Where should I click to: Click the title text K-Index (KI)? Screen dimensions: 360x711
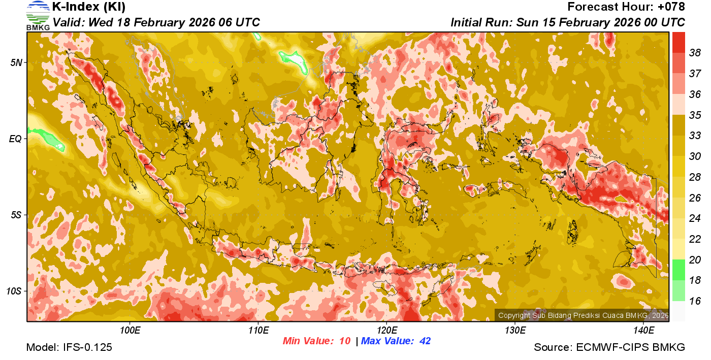click(89, 7)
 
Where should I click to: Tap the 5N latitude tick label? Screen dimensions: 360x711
click(16, 62)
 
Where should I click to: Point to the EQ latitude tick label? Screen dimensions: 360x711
click(16, 139)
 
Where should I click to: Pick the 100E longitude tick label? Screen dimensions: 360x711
click(130, 331)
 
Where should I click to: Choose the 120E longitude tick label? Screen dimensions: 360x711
click(386, 331)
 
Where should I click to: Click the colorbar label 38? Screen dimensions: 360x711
click(694, 52)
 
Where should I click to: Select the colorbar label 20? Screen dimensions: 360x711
click(694, 260)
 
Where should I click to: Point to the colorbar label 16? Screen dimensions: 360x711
click(694, 301)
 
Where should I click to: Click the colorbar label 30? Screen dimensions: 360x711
click(694, 157)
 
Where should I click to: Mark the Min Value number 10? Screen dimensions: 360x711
click(345, 341)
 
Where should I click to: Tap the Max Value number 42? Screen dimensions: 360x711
click(425, 341)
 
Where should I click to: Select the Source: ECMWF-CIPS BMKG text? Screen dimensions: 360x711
click(609, 347)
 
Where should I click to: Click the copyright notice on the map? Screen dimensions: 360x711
click(583, 316)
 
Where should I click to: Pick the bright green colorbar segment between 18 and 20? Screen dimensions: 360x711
click(678, 270)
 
